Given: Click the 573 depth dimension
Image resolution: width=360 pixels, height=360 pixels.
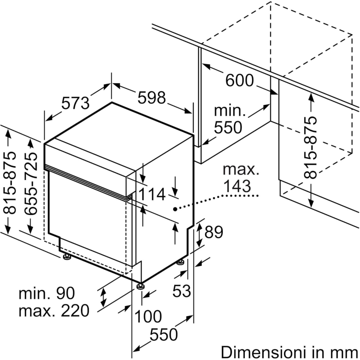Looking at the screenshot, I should pos(75,103).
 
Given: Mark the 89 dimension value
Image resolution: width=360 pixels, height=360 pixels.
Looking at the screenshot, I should pos(214,232).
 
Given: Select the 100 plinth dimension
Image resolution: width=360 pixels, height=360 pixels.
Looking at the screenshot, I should pos(148,317).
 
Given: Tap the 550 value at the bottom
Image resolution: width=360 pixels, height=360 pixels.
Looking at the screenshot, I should pos(164,335).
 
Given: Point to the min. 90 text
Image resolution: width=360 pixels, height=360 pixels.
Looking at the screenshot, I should pos(46,294).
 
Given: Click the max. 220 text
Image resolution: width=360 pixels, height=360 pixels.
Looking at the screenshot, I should pos(53,310).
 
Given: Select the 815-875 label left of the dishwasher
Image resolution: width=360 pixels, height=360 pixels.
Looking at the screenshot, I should pos(10,182).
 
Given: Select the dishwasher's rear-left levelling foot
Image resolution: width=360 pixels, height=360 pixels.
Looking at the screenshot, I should pos(66,257).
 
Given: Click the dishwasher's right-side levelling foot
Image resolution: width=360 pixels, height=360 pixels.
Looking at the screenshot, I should pos(181,262).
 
